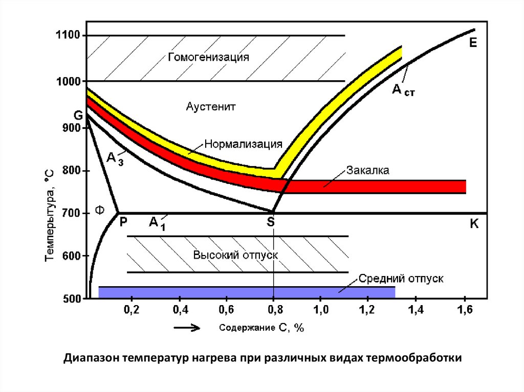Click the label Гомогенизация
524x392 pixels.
click(208, 57)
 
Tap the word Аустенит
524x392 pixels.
click(210, 107)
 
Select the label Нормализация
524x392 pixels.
click(244, 144)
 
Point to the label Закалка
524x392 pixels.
click(368, 171)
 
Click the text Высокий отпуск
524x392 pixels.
click(235, 255)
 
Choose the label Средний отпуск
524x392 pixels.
click(400, 279)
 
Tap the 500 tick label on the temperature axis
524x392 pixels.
click(71, 299)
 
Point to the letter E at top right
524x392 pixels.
click(473, 43)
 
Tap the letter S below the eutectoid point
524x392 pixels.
click(271, 222)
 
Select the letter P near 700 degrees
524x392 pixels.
click(123, 222)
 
